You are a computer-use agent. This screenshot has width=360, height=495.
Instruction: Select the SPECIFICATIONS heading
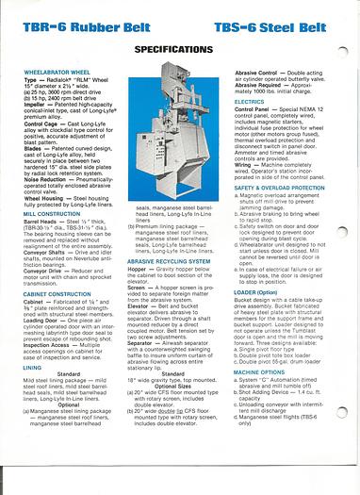(x=178, y=46)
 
